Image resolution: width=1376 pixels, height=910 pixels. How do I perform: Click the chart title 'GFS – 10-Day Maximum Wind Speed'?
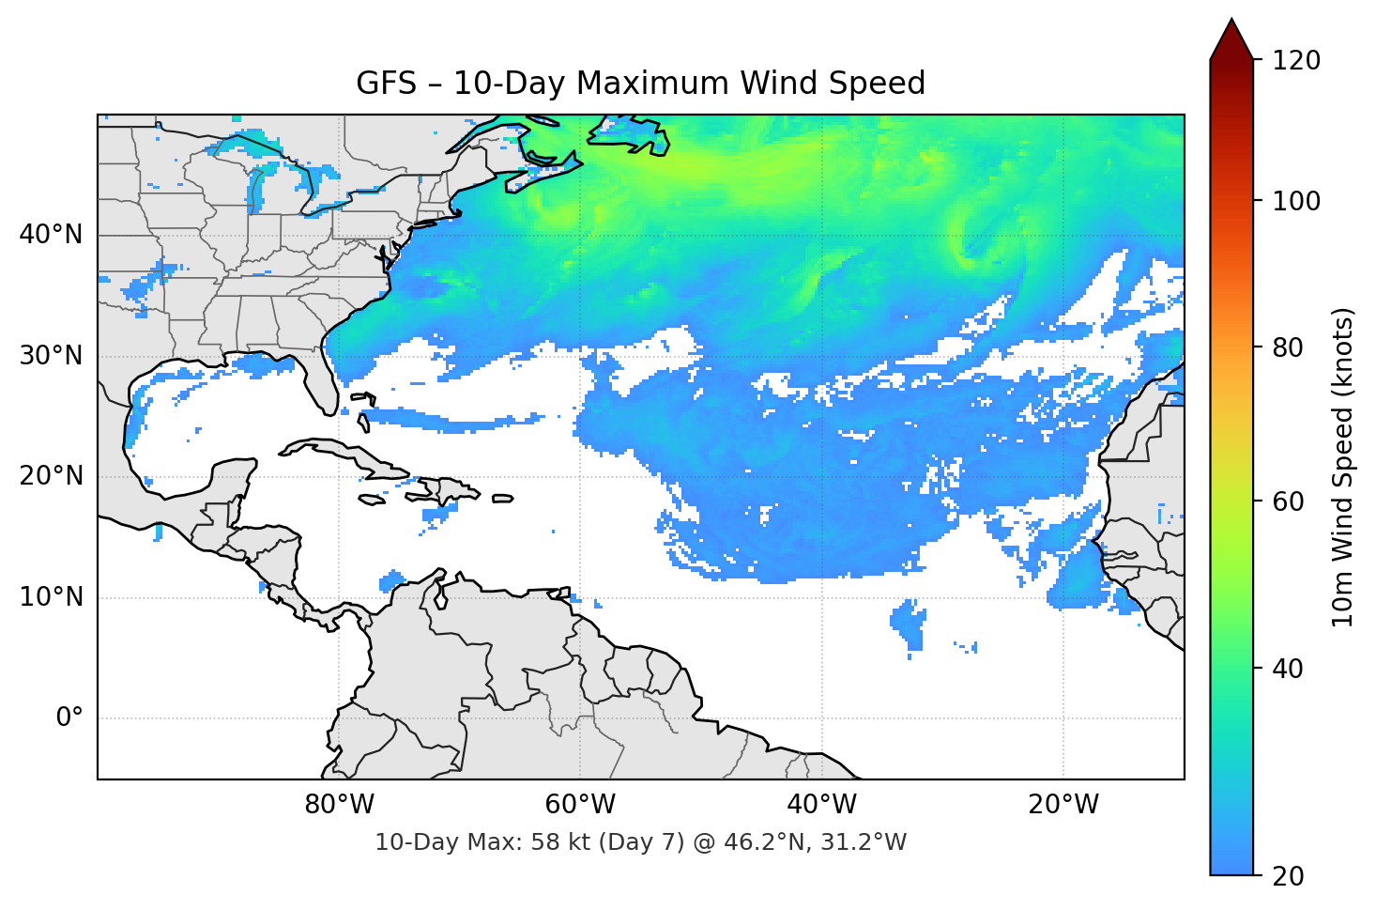click(640, 84)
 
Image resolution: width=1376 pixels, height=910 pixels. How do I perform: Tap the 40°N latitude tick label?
click(51, 235)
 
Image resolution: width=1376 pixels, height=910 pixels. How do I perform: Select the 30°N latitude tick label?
click(51, 356)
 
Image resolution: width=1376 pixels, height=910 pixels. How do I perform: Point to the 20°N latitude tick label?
click(51, 476)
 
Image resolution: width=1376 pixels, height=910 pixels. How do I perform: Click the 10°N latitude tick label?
click(51, 597)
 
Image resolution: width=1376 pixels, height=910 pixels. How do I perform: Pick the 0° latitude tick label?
click(69, 718)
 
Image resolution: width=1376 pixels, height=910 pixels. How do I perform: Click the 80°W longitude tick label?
click(339, 805)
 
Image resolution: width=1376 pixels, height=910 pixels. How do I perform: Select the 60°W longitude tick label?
click(580, 805)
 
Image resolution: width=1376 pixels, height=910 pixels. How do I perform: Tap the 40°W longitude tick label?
click(822, 805)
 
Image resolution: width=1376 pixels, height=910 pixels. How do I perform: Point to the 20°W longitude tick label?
click(1063, 805)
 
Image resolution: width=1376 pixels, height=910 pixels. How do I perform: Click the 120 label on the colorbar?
click(1296, 61)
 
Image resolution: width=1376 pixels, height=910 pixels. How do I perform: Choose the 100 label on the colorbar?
click(1296, 201)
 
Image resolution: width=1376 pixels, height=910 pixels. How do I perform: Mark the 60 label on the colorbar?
click(1288, 501)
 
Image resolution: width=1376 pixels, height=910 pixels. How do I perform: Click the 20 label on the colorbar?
click(1288, 876)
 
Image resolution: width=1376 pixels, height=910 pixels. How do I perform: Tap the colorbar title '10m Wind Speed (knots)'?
click(1343, 467)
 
